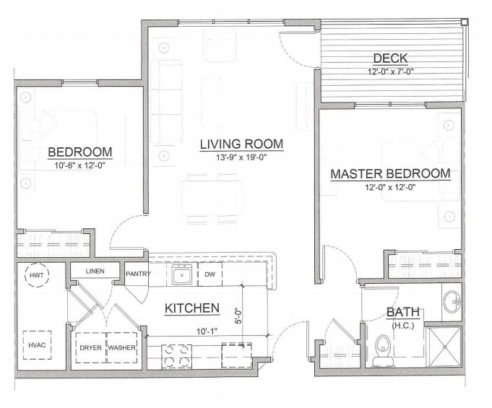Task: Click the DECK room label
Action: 390,58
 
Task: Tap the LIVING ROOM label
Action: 241,144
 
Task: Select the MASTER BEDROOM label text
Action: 390,173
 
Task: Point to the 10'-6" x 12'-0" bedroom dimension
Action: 79,165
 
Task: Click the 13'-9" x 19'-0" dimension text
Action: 241,157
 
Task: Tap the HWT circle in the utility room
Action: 37,275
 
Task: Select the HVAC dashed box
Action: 37,345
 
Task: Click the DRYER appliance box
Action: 91,347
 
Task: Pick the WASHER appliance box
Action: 122,347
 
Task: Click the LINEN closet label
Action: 95,271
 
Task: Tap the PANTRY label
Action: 138,274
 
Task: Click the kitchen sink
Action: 181,274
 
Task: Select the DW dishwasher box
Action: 210,274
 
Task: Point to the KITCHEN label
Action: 191,308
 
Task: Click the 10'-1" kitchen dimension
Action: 207,331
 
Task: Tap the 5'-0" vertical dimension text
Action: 238,316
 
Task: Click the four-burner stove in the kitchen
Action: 177,357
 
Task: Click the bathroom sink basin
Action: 452,302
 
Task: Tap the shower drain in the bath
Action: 444,347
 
